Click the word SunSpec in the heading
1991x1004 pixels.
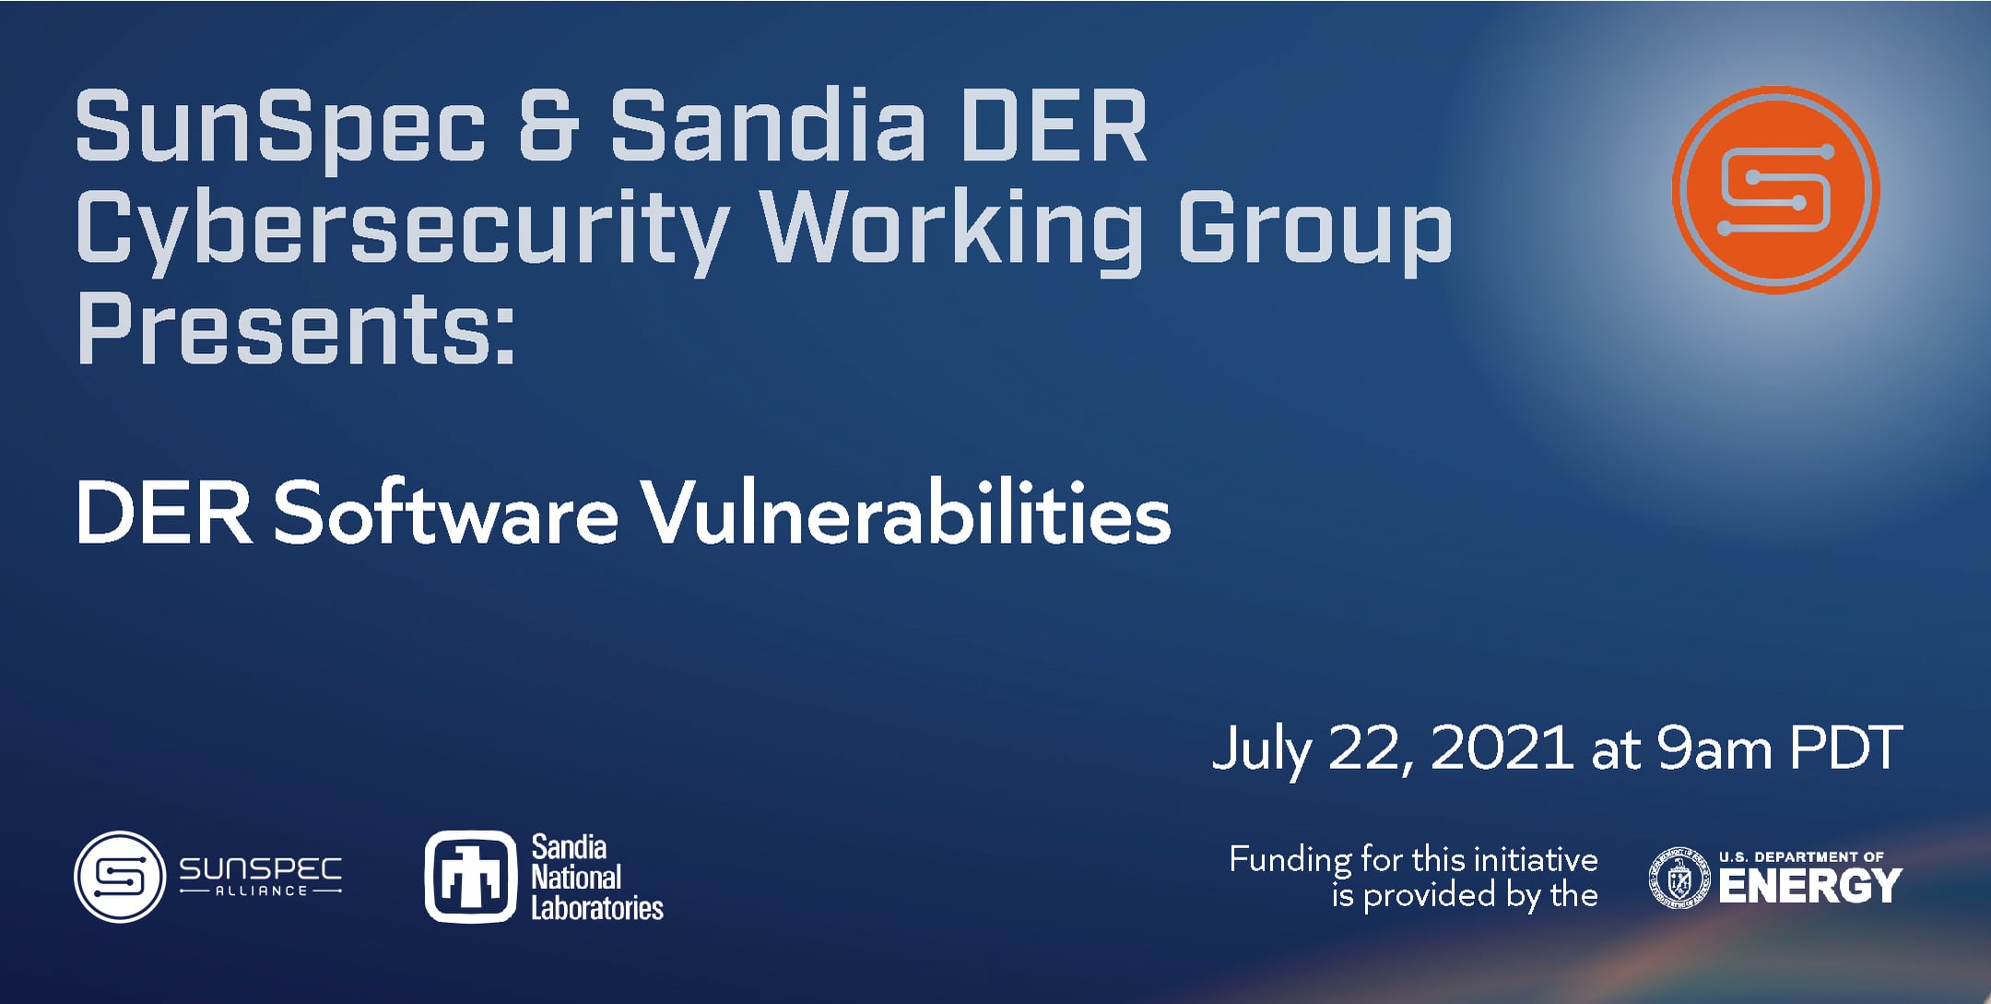(279, 126)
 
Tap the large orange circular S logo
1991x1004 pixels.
(1775, 190)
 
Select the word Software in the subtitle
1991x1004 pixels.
(445, 513)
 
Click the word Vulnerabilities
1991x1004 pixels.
(906, 513)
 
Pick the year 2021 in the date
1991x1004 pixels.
(1502, 748)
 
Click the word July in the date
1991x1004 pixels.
(1261, 750)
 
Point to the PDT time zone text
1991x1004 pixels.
(1845, 748)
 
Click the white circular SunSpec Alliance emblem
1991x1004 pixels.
(120, 877)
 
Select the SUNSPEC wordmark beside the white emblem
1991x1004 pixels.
(260, 869)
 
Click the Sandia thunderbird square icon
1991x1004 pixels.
(470, 877)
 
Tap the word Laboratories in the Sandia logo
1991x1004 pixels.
(597, 908)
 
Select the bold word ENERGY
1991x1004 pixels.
(1809, 887)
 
